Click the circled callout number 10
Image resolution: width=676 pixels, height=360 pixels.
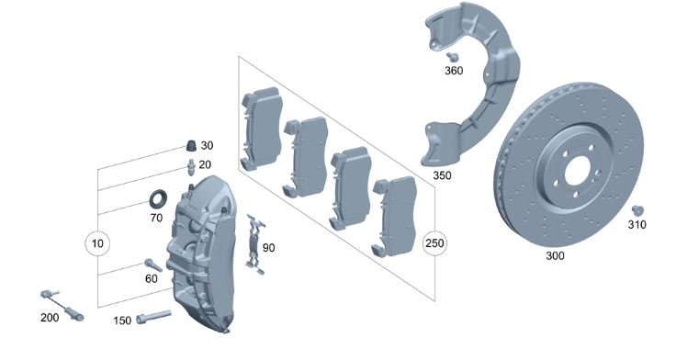coord(97,243)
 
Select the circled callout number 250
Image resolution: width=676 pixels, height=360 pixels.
coord(434,243)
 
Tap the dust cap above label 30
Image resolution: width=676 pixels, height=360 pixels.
coord(191,146)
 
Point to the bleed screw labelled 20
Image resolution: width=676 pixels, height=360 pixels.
coord(191,166)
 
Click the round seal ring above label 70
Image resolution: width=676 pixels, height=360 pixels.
coord(158,199)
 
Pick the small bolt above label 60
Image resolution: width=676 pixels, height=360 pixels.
coord(153,265)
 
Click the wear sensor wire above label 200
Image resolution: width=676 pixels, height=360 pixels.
coord(62,306)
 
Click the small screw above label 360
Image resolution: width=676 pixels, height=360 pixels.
coord(452,57)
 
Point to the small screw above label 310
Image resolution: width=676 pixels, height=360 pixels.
coord(637,211)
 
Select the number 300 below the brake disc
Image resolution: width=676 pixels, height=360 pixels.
coord(555,255)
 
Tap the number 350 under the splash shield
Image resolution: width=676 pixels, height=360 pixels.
coord(442,175)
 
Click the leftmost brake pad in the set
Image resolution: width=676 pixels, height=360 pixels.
coord(262,128)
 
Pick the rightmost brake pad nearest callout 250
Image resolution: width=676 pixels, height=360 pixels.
coord(394,217)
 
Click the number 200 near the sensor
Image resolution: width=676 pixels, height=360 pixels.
coord(50,318)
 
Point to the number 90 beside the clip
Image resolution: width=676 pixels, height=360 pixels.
coord(268,248)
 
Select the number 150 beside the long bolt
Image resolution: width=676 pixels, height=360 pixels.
coord(122,321)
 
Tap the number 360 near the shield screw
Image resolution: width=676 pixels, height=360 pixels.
coord(454,71)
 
